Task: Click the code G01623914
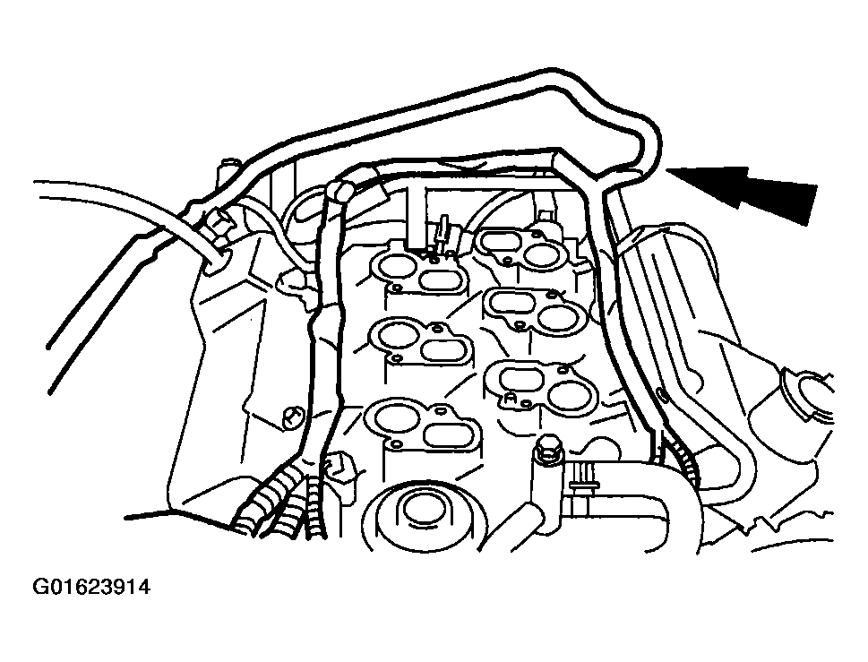pos(90,589)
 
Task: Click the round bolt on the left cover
pos(291,417)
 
